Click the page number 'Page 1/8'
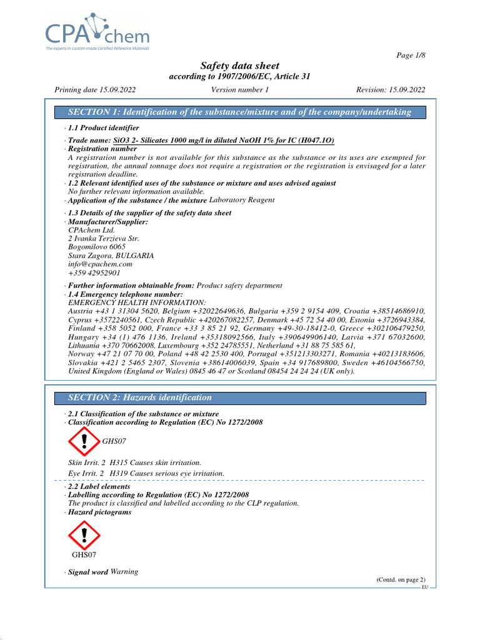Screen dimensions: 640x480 pyautogui.click(x=411, y=56)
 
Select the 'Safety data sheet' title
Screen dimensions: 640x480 pyautogui.click(x=239, y=66)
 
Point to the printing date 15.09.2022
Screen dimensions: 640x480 pyautogui.click(x=96, y=90)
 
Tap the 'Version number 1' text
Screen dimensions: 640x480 pyautogui.click(x=240, y=90)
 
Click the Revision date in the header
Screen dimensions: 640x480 pyautogui.click(x=391, y=90)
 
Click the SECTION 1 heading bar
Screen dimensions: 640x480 pyautogui.click(x=239, y=112)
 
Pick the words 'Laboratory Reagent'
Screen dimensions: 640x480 pyautogui.click(x=241, y=200)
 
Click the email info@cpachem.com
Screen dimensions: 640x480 pyautogui.click(x=100, y=264)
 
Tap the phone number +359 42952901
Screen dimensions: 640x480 pyautogui.click(x=94, y=273)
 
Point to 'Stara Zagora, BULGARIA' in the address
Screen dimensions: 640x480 pyautogui.click(x=111, y=256)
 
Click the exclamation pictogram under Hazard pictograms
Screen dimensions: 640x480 pyautogui.click(x=84, y=536)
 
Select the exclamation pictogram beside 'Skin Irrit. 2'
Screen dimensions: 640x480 pyautogui.click(x=84, y=441)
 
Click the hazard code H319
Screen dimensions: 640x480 pyautogui.click(x=118, y=474)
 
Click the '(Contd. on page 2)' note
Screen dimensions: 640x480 pyautogui.click(x=401, y=580)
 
